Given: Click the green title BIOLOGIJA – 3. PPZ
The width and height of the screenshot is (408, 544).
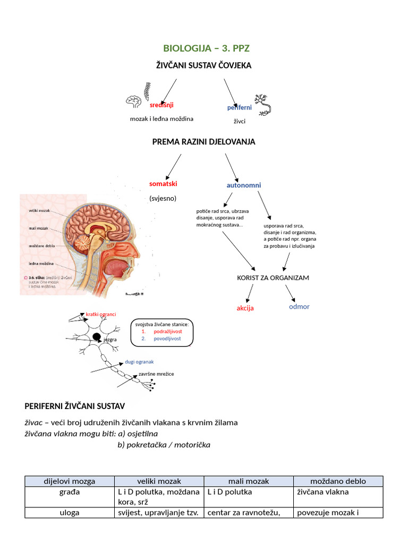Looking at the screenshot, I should tap(206, 48).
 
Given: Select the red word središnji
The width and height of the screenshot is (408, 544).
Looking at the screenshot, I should tap(161, 105).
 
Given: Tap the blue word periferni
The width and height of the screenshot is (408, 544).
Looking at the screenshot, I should tap(240, 107).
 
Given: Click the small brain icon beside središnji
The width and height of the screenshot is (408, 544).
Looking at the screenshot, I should tap(134, 101).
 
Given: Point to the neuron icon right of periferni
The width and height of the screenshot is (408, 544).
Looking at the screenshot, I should tap(263, 104).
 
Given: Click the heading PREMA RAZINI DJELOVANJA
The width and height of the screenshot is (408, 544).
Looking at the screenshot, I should tap(203, 142).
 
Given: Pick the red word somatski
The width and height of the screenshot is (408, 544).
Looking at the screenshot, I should tap(163, 183).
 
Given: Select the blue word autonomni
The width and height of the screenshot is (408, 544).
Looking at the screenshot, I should tap(244, 185).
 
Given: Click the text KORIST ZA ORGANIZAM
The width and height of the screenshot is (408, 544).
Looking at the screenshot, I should tap(273, 278).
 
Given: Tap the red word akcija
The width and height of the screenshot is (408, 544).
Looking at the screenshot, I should tap(245, 308).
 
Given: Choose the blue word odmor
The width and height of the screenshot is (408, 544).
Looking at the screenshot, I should tap(299, 307).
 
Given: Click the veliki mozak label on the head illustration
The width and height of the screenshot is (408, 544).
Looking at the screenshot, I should tap(39, 211).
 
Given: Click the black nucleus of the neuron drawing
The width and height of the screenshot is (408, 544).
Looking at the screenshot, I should tap(97, 337).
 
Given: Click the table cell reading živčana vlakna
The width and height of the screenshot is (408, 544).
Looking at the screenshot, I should tap(322, 492).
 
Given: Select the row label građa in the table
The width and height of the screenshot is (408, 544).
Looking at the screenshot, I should tap(70, 492).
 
